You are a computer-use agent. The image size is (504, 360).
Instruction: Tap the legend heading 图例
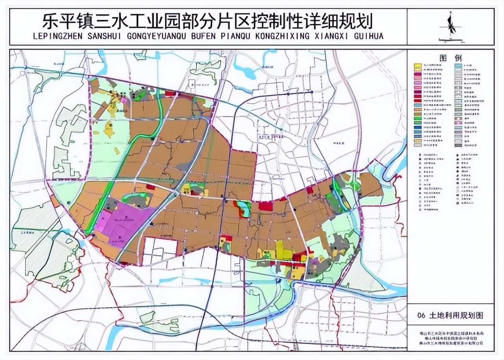tap(450, 58)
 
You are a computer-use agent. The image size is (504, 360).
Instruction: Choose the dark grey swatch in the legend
tap(458, 145)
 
